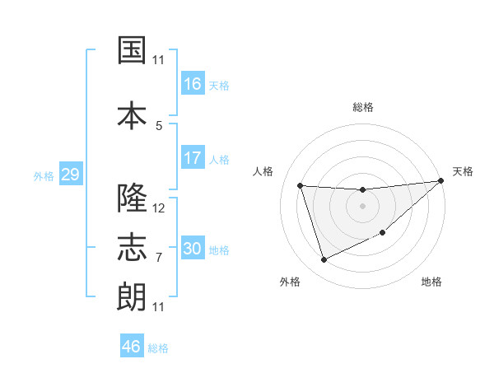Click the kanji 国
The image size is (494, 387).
click(x=132, y=52)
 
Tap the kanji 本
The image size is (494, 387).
click(x=132, y=114)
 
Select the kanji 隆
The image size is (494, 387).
click(x=132, y=198)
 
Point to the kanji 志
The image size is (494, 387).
click(x=132, y=247)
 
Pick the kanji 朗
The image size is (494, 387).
click(x=132, y=296)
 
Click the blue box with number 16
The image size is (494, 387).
click(x=193, y=84)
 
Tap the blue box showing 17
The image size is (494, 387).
click(x=193, y=158)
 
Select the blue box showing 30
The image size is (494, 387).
click(x=193, y=249)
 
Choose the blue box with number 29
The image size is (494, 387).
click(x=69, y=175)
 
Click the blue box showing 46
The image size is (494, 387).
click(x=132, y=347)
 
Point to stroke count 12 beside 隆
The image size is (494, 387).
click(x=159, y=208)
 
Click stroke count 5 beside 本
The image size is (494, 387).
click(x=159, y=126)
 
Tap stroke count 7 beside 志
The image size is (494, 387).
click(x=159, y=258)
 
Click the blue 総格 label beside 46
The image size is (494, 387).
click(x=158, y=348)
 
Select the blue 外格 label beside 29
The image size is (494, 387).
click(x=44, y=176)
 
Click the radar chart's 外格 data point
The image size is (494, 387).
click(x=324, y=260)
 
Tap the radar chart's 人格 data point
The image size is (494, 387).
click(x=301, y=185)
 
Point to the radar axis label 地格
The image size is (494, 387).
click(x=431, y=282)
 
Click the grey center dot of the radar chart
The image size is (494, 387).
click(x=362, y=206)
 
